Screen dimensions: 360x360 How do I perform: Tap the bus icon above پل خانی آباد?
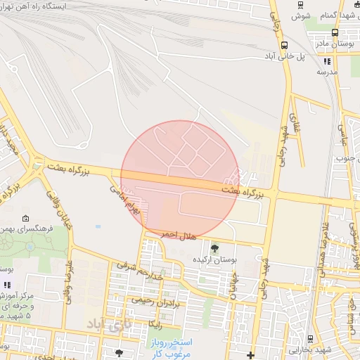point(284,45)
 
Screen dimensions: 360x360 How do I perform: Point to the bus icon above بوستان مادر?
point(335,32)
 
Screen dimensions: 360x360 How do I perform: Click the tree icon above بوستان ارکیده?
point(214,248)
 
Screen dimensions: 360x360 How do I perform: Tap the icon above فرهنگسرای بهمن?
point(26,219)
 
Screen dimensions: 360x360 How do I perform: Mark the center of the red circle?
point(180,180)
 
